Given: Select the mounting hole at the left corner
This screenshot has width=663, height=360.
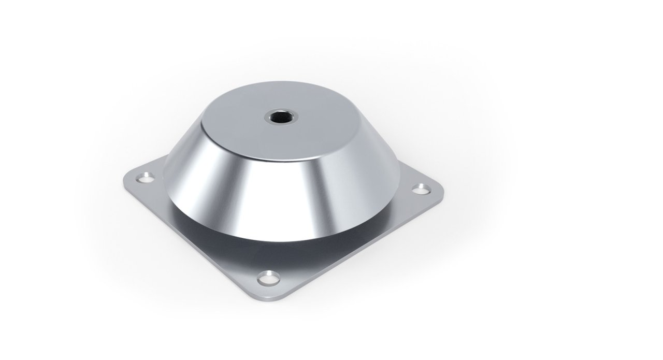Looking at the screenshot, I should (x=145, y=179).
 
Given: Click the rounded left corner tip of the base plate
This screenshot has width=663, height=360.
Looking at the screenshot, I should (x=125, y=181).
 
